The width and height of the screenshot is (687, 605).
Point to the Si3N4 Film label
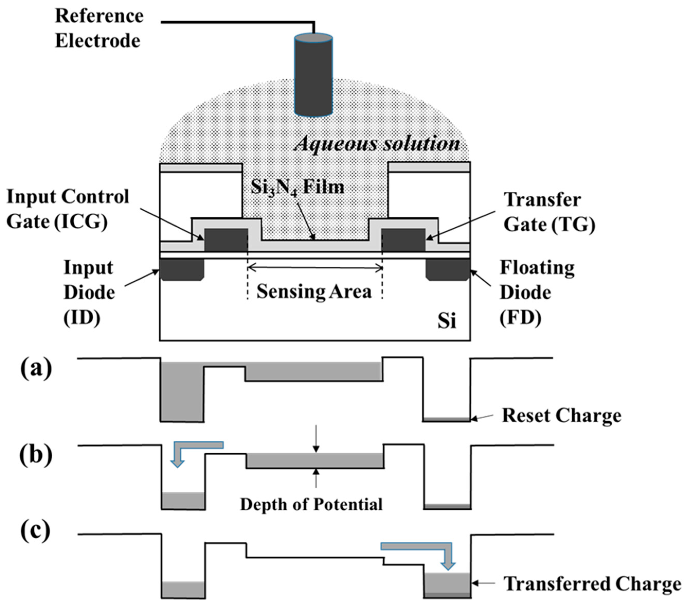click(x=297, y=187)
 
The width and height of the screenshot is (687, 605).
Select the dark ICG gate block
click(x=226, y=240)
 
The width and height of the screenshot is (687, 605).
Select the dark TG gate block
click(x=403, y=240)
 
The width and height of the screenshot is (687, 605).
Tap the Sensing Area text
click(x=314, y=291)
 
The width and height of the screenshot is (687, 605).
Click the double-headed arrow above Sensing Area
click(x=315, y=268)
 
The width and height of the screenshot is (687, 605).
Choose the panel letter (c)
click(x=35, y=531)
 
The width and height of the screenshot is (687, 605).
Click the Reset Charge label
click(x=561, y=416)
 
